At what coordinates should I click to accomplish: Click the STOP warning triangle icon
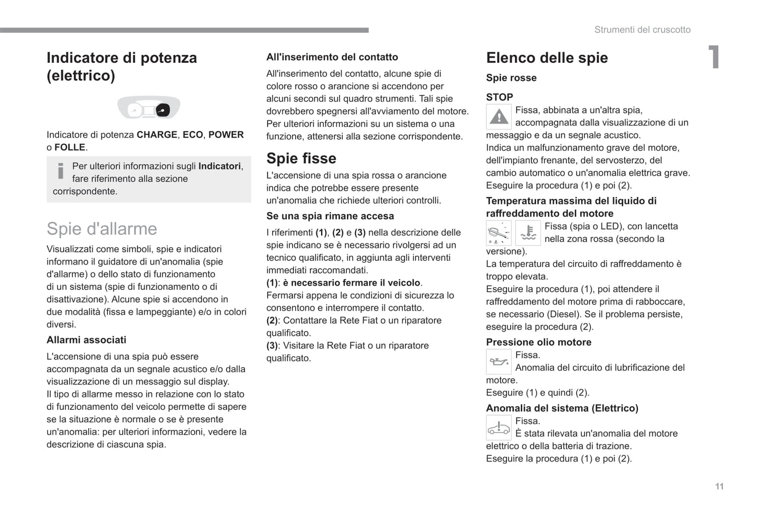pos(498,117)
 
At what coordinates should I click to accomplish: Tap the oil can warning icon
pos(498,362)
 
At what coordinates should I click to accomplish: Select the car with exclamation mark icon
pos(498,428)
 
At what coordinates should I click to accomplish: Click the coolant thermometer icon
pos(527,233)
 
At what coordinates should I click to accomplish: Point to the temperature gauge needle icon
pos(498,233)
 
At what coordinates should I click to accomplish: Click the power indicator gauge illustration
pos(148,108)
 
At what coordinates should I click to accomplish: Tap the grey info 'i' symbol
pos(61,171)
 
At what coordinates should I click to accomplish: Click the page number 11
pos(719,486)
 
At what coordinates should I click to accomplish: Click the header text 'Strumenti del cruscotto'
pos(642,30)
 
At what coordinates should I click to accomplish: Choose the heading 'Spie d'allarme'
pos(102,229)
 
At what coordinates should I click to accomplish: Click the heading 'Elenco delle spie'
pos(547,58)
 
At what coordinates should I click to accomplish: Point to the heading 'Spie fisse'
pos(301,158)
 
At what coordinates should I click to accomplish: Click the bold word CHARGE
pos(157,135)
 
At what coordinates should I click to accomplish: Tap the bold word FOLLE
pos(70,147)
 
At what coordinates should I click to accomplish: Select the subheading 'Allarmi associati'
pos(87,340)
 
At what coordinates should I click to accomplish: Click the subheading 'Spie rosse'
pos(511,78)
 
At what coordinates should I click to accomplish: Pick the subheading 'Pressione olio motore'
pos(539,342)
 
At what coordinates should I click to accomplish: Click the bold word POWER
pos(226,135)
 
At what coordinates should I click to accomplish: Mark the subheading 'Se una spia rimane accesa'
pos(330,216)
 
